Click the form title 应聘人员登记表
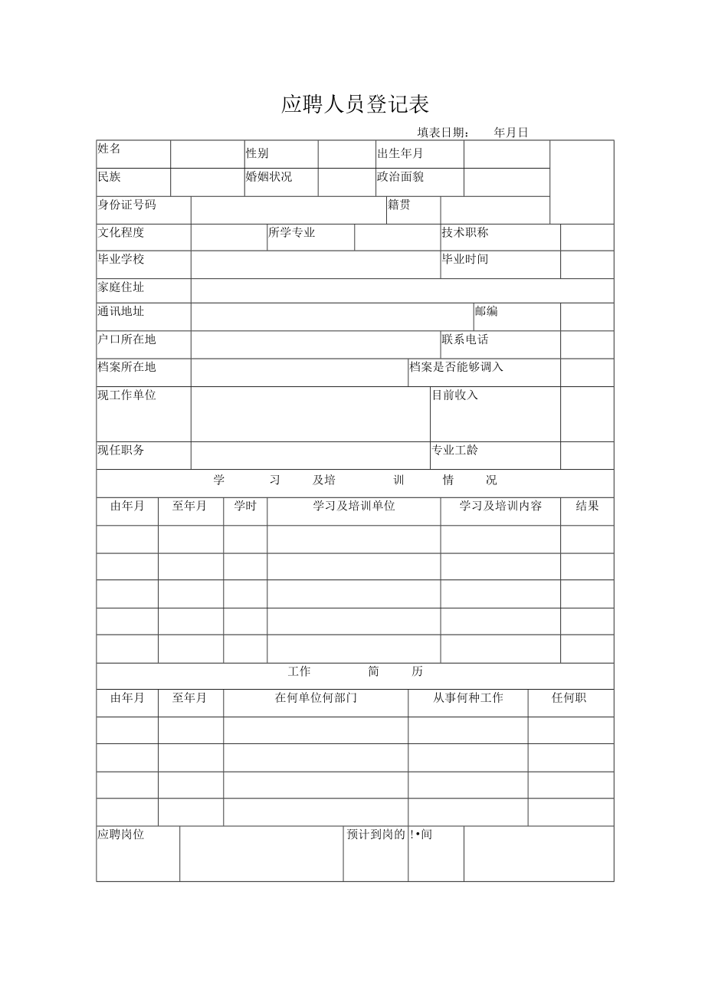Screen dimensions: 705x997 355,104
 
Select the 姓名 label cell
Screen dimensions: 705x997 109,149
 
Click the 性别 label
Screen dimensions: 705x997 257,153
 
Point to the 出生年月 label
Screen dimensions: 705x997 400,153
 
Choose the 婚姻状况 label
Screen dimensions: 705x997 268,177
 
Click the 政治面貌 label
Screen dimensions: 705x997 400,177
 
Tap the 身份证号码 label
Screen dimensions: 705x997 126,205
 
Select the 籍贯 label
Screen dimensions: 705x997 398,205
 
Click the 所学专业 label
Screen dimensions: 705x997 292,232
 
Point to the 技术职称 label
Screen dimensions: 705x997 465,232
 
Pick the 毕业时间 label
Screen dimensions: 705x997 465,259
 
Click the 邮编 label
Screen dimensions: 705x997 486,311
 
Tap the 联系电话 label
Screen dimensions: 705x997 465,339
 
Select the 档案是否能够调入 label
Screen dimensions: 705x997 457,367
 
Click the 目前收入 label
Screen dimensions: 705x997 455,395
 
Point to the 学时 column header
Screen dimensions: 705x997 245,506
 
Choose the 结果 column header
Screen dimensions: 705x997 587,506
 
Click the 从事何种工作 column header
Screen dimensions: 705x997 467,698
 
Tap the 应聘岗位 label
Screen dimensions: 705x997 121,835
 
